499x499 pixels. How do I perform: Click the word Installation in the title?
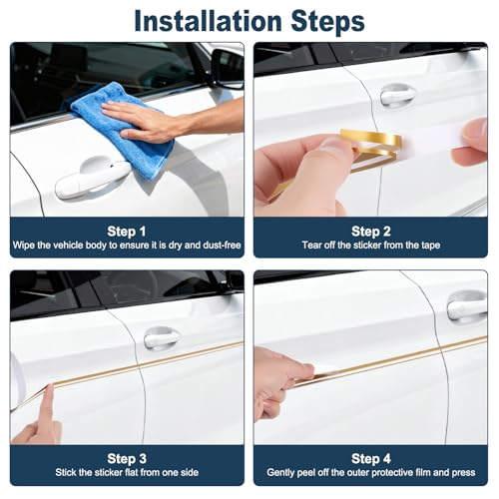click(x=208, y=21)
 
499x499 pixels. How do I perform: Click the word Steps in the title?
click(x=327, y=22)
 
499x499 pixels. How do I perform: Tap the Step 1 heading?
click(x=127, y=232)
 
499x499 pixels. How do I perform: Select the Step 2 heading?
click(x=371, y=232)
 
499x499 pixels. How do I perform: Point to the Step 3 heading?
click(x=127, y=458)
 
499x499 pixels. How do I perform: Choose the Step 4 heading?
click(x=371, y=458)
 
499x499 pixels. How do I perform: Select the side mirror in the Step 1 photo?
click(x=228, y=68)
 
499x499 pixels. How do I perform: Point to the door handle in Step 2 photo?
click(x=397, y=96)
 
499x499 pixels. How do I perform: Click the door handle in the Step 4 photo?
click(x=467, y=307)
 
